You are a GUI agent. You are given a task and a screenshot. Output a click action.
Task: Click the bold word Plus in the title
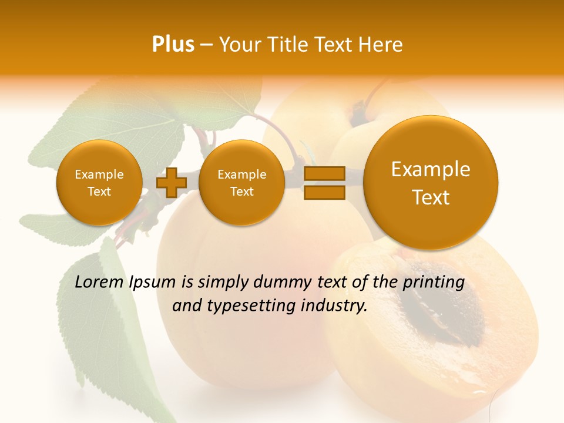click(173, 45)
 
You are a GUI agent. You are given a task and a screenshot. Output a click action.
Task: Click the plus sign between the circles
click(172, 182)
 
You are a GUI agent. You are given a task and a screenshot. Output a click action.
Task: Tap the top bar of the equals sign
click(324, 173)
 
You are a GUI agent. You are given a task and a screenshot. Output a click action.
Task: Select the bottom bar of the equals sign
click(324, 192)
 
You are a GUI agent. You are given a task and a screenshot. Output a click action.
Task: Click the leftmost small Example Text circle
click(99, 183)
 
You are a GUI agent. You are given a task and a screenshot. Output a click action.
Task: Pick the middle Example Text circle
click(241, 183)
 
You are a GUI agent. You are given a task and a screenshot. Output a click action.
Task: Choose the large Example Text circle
click(431, 183)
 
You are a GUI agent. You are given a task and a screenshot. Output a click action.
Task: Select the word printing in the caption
click(434, 283)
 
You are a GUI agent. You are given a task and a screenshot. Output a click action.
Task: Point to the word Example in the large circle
click(431, 169)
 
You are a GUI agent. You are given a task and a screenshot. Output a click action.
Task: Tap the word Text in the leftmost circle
click(99, 192)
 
